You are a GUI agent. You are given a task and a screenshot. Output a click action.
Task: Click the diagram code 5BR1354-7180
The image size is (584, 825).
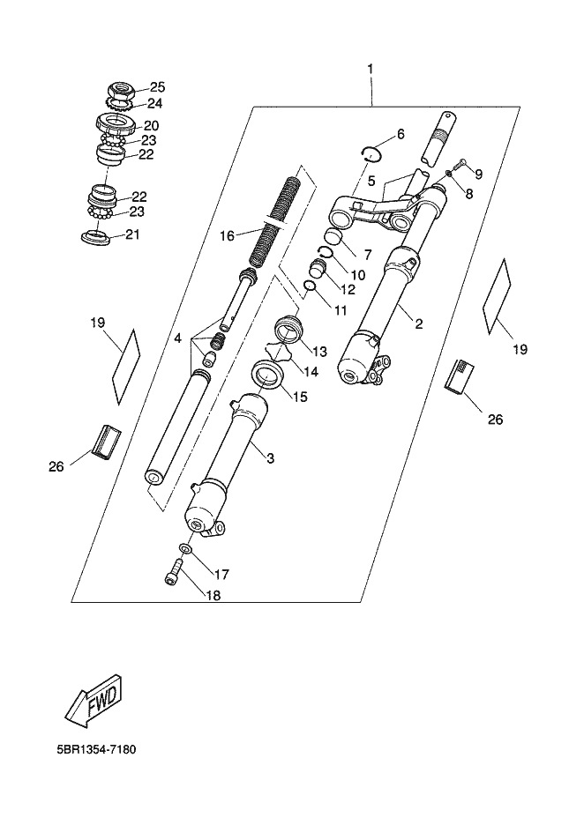tap(96, 749)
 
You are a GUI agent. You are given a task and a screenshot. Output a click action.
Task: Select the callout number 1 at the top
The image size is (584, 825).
tap(371, 69)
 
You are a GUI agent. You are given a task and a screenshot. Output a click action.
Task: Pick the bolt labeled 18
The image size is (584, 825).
tap(173, 571)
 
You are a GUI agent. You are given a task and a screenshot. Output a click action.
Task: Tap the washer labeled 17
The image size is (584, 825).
tap(185, 549)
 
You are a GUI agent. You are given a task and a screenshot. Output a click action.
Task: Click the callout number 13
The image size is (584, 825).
tap(319, 351)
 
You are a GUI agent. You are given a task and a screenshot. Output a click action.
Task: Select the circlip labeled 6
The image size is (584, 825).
tap(375, 153)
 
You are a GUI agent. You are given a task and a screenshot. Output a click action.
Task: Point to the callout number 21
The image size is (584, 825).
tap(132, 234)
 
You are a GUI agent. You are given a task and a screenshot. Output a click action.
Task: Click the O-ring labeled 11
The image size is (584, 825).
tap(310, 286)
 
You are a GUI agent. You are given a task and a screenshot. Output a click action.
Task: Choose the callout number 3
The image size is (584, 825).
tap(270, 458)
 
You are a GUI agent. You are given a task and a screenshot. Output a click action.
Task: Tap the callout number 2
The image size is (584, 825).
tap(419, 324)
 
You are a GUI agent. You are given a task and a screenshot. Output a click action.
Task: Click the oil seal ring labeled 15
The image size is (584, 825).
tap(270, 375)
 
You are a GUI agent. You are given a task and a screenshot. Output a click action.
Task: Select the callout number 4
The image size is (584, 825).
tap(178, 338)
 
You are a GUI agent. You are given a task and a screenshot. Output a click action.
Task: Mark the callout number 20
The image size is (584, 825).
tap(152, 125)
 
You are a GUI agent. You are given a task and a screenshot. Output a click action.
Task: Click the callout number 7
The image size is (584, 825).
tap(367, 255)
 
